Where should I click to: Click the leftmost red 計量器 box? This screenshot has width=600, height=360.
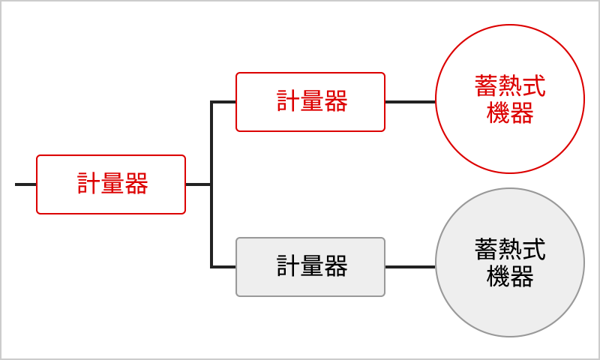111,184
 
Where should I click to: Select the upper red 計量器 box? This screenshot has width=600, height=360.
310,102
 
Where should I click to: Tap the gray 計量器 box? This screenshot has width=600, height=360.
310,267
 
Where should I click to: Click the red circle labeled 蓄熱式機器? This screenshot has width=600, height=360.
510,99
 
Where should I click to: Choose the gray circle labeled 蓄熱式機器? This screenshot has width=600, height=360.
510,262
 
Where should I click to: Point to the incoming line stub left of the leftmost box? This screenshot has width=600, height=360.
25,184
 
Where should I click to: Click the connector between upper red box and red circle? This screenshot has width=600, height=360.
410,102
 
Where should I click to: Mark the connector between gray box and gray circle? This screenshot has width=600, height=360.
410,267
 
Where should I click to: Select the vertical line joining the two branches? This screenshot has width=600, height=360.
211,184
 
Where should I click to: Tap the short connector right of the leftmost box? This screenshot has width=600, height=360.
198,184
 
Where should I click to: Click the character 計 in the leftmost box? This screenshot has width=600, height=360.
88,183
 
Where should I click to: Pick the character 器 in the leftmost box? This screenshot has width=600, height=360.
136,183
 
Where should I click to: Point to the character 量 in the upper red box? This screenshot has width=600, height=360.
312,101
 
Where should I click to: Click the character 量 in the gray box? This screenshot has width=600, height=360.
312,266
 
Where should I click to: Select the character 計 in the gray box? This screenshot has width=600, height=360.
289,266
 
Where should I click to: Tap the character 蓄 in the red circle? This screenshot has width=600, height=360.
486,85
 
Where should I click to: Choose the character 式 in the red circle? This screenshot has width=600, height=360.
534,85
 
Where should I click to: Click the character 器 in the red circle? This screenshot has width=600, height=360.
522,112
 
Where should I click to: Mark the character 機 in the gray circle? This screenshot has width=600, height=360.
498,277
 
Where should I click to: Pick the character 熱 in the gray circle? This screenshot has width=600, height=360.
510,250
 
